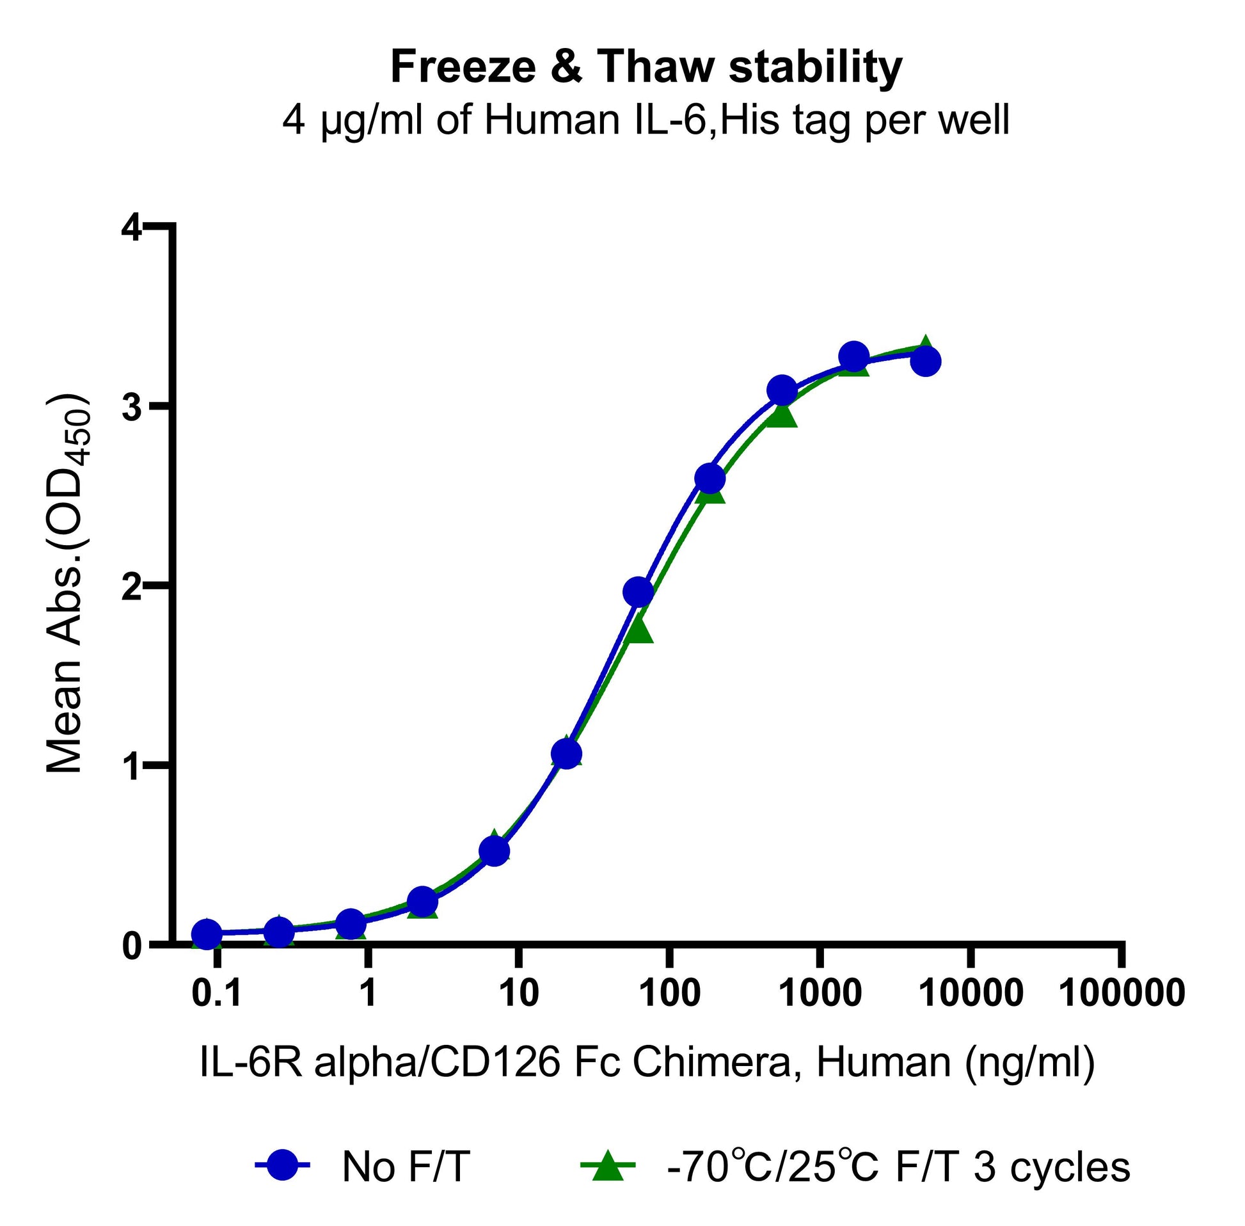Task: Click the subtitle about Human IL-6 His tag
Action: coord(646,121)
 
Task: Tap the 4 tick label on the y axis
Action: coord(132,230)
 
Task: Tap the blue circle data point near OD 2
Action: coord(638,592)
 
